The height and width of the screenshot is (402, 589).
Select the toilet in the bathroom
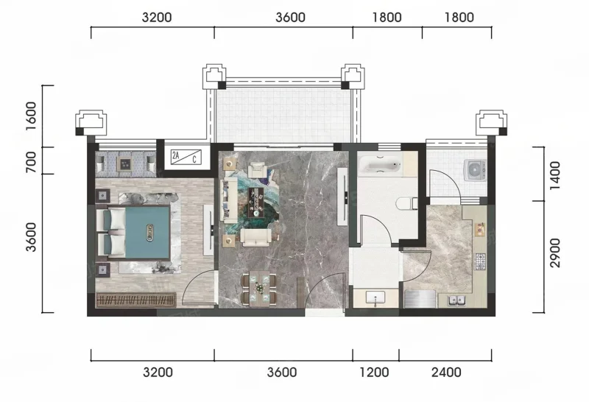pos(407,203)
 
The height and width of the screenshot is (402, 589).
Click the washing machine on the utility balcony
pos(475,170)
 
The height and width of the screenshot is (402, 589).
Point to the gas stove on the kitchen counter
pos(481,261)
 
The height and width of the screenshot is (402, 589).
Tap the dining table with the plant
pos(260,289)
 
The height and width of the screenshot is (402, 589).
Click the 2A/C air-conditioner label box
pos(186,157)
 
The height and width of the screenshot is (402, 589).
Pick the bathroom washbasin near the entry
pos(375,298)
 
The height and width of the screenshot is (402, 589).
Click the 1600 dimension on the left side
pos(32,116)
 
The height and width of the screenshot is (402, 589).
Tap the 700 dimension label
pos(32,162)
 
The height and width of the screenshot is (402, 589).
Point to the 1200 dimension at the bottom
pos(374,373)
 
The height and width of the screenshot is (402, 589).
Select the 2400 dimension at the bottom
pos(446,373)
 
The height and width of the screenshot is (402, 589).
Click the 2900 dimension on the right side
pos(554,253)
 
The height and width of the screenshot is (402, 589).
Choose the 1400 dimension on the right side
pos(554,176)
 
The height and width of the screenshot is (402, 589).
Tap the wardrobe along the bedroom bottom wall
pos(136,300)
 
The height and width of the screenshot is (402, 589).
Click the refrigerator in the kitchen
pos(420,299)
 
